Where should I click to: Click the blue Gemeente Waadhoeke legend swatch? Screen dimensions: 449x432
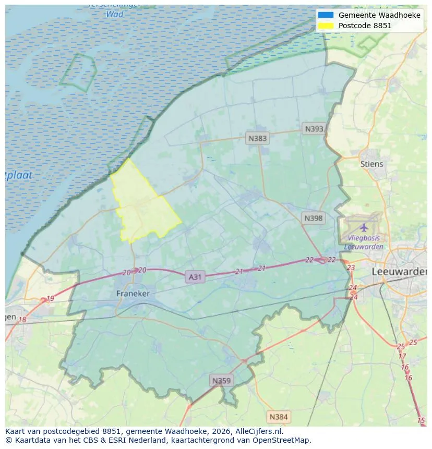click(326, 15)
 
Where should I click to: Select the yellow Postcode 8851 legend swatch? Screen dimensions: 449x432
click(326, 25)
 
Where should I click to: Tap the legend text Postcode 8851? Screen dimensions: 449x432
click(365, 25)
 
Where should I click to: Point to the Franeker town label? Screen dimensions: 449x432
click(133, 294)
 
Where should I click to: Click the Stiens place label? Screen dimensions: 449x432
click(371, 164)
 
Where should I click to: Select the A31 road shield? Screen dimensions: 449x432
click(195, 277)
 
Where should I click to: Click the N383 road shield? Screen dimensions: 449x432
click(257, 138)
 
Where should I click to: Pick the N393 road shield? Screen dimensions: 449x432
click(315, 129)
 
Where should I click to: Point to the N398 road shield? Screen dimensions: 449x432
click(314, 219)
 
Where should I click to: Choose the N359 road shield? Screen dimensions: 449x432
click(221, 381)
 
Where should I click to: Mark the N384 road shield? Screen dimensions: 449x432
click(278, 417)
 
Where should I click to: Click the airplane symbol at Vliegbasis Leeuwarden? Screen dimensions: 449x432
click(364, 227)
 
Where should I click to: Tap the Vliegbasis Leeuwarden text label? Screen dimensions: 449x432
click(364, 242)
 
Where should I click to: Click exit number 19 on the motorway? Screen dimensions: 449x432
click(50, 299)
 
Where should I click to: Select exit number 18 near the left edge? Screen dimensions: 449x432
click(22, 320)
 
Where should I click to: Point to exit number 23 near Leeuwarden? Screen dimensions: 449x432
click(351, 268)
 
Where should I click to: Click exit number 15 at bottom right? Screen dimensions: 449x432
click(421, 420)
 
